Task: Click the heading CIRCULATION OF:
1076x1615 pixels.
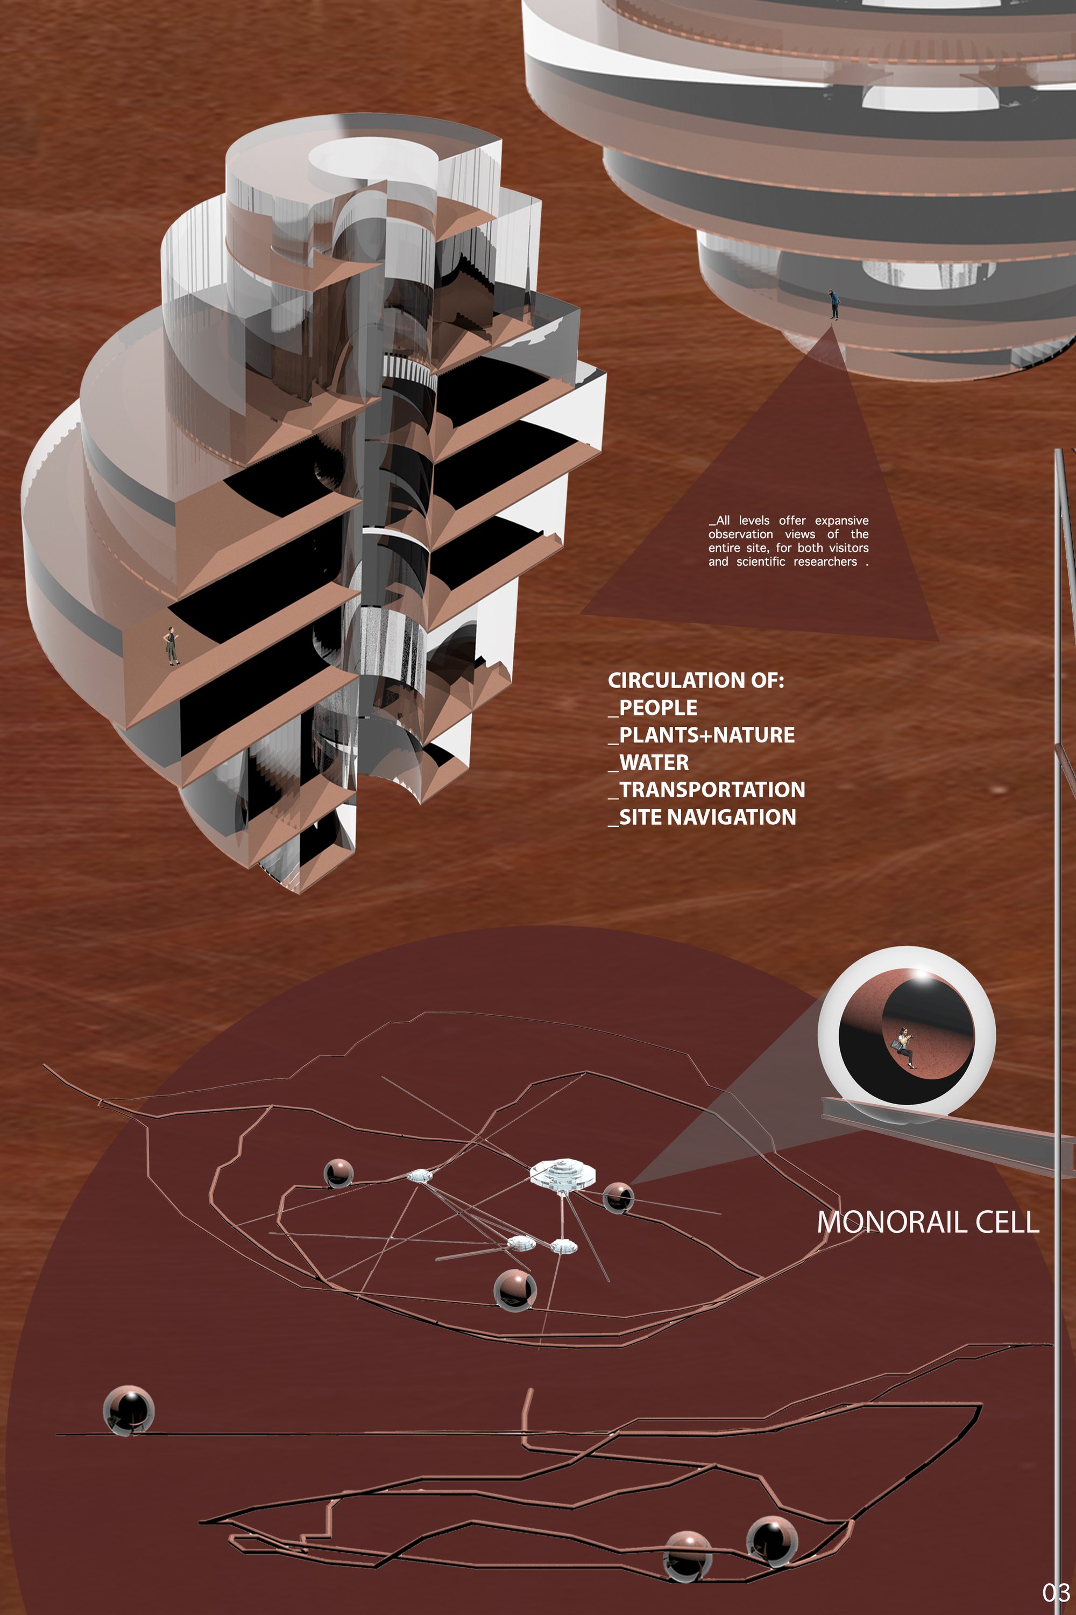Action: click(695, 680)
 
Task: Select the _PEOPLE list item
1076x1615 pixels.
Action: click(653, 708)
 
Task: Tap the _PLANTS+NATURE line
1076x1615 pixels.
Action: click(702, 735)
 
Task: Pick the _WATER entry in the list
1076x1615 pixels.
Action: click(648, 763)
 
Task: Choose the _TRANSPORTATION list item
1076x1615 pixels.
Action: click(707, 790)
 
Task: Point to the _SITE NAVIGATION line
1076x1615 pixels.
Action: click(702, 817)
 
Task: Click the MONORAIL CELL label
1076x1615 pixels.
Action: click(928, 1222)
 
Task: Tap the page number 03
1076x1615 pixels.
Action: click(1056, 1592)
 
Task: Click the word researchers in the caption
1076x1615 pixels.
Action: click(825, 561)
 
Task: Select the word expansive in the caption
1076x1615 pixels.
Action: click(841, 521)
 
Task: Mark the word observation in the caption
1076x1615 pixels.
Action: click(740, 534)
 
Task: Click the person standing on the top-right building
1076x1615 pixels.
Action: click(834, 304)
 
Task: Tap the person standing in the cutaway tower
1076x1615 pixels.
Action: click(171, 645)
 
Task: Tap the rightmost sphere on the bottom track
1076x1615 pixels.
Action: click(771, 1542)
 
